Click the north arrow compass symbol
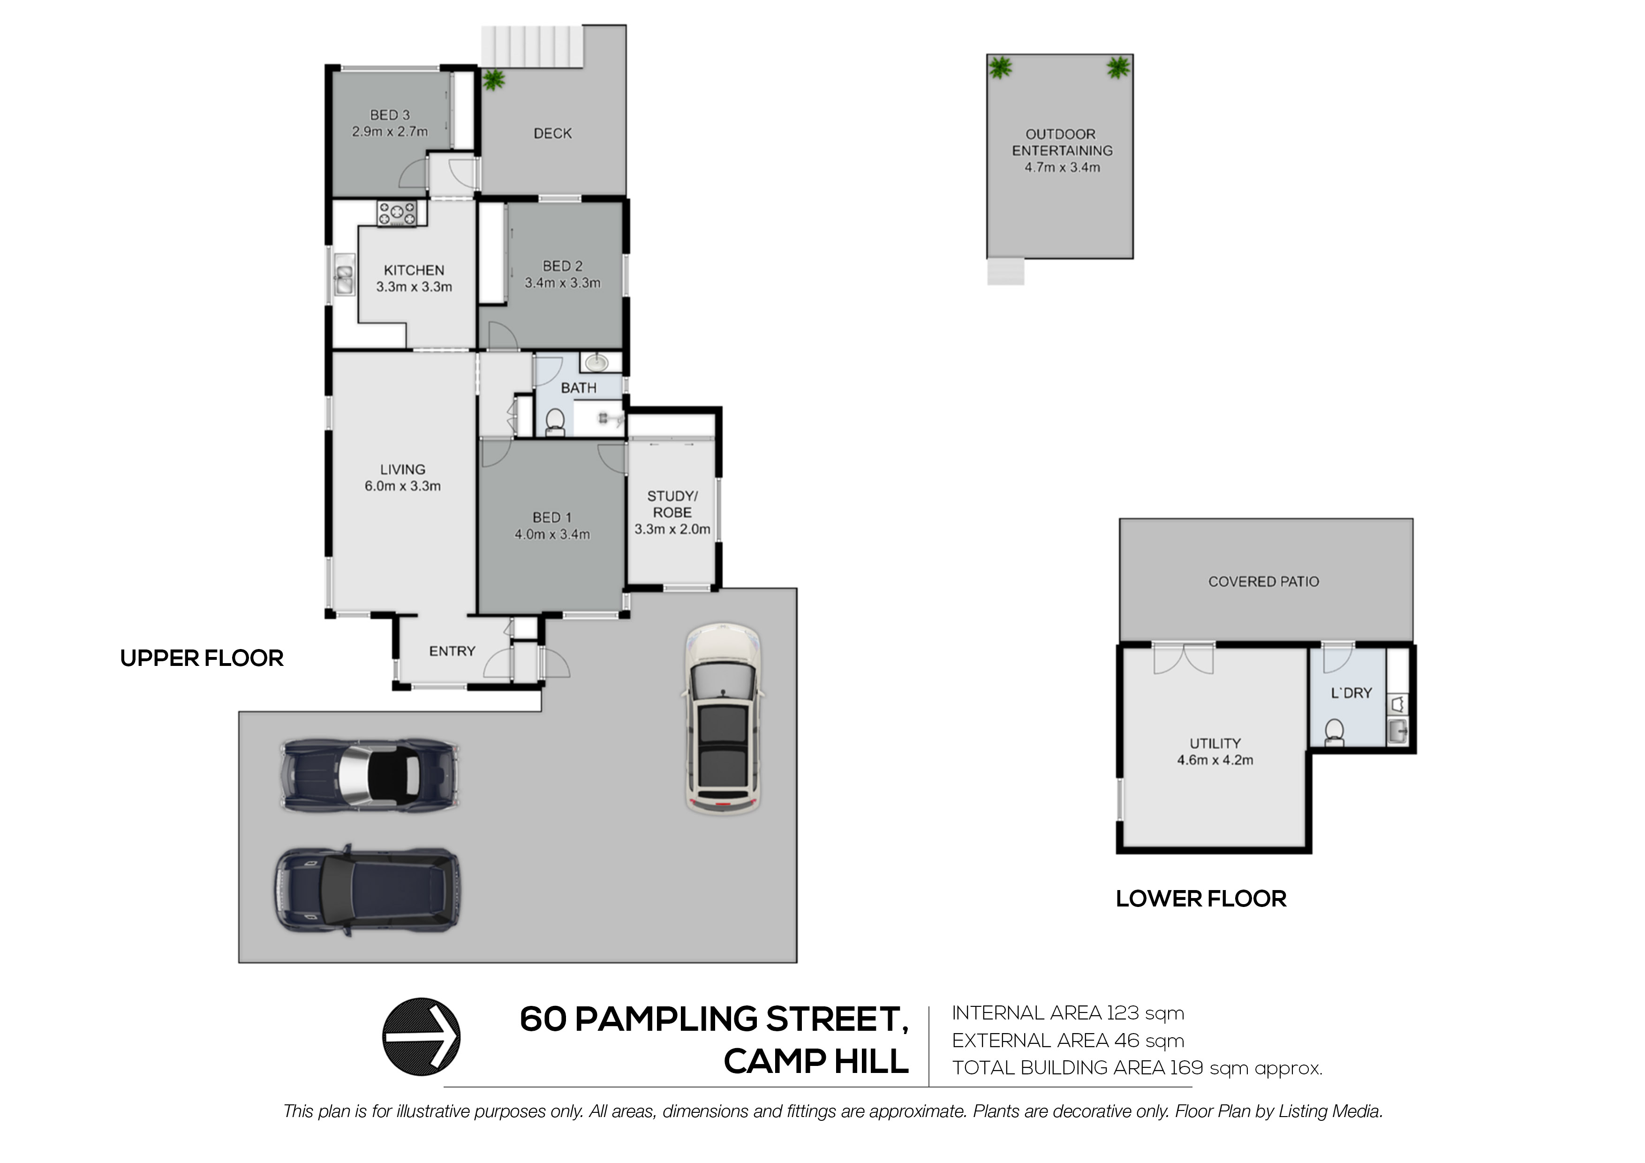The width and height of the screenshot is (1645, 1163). (421, 1036)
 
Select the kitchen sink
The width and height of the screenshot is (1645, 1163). (344, 275)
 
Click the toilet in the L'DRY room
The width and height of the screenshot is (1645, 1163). (1334, 733)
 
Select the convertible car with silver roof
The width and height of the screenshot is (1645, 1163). (370, 775)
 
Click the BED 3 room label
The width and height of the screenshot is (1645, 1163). (390, 114)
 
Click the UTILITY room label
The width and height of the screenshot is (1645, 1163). (1215, 743)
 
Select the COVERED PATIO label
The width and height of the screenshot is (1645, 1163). (1264, 582)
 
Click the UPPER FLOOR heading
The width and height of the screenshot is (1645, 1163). (202, 658)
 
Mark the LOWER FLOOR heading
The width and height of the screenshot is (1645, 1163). (1201, 899)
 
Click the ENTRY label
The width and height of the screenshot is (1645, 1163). (452, 650)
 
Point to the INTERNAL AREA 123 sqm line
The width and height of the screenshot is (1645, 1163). (1068, 1013)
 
